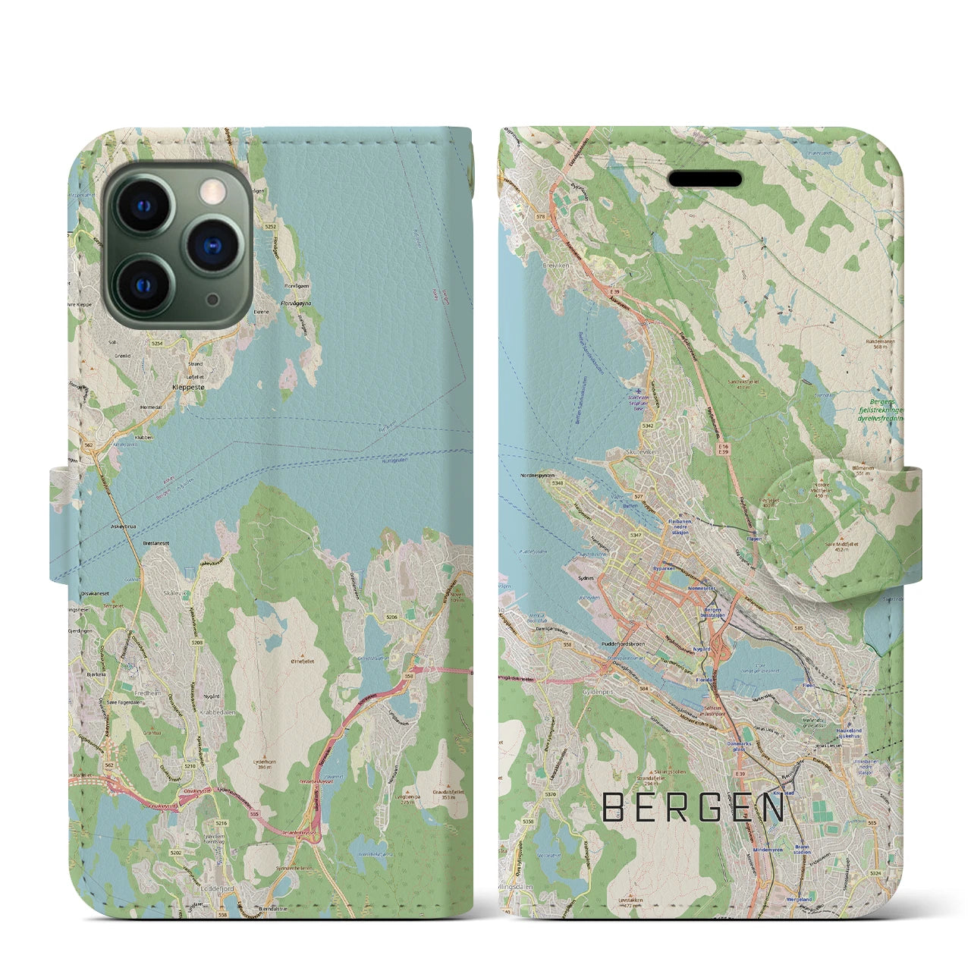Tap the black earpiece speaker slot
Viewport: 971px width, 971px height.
pos(705,179)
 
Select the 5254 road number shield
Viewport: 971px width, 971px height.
pos(157,343)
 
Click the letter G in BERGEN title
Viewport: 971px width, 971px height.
pos(705,809)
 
